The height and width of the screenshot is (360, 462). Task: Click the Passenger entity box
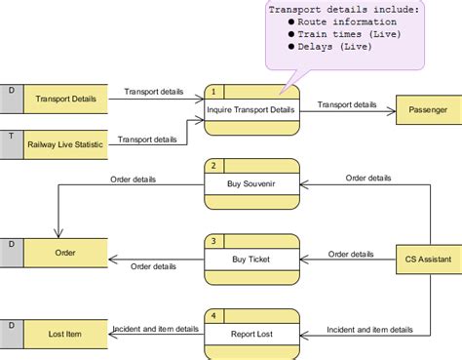click(x=427, y=110)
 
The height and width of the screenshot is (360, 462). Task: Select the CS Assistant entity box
click(x=427, y=260)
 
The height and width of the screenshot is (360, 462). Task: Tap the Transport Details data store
click(x=65, y=99)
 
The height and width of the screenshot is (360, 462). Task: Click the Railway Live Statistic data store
click(x=65, y=143)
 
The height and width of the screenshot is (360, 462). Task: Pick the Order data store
click(x=65, y=253)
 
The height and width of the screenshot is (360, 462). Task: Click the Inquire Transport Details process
click(x=250, y=109)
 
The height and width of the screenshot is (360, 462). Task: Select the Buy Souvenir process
click(x=250, y=184)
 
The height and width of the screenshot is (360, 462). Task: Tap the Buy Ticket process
click(x=250, y=260)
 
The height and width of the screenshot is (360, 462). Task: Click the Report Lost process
click(x=250, y=334)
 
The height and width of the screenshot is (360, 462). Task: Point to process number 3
click(x=212, y=240)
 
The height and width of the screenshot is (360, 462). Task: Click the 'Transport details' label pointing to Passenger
click(x=347, y=103)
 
